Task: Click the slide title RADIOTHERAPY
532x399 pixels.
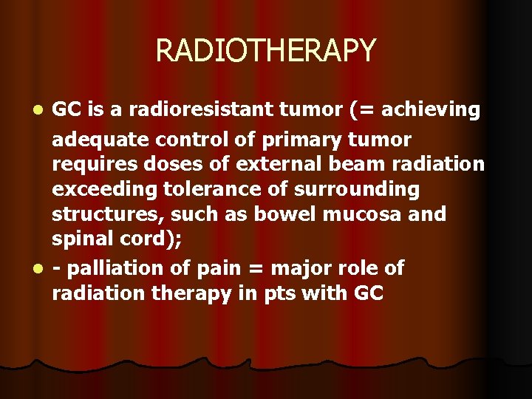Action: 266,51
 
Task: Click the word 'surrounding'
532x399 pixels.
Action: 357,190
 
